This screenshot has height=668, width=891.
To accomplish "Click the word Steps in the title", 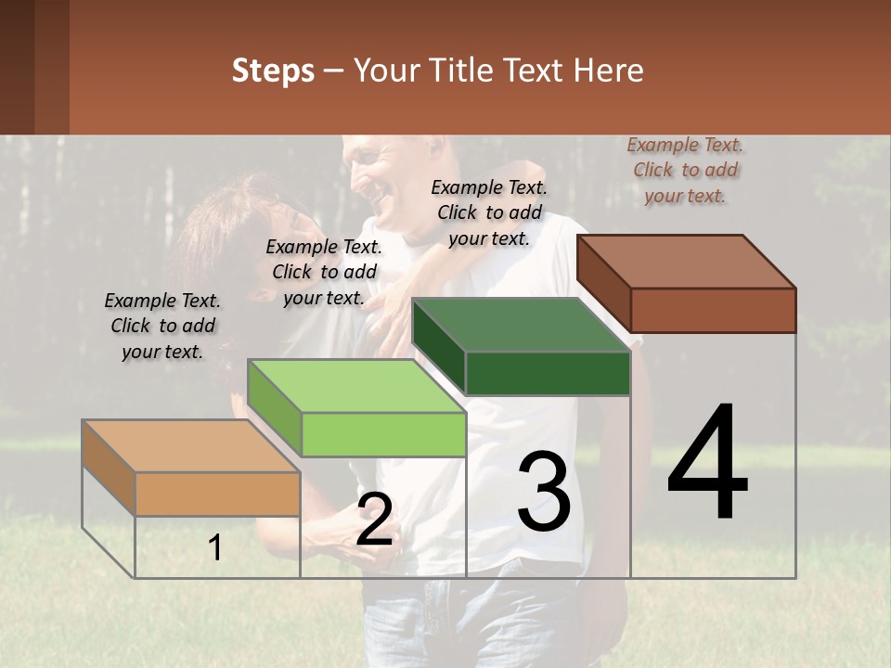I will [x=273, y=71].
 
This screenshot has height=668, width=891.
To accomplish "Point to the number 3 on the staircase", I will [x=544, y=491].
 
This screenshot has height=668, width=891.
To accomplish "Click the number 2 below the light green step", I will [x=374, y=520].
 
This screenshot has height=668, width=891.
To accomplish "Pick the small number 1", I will [x=215, y=548].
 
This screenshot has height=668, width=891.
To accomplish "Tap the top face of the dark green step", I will [x=522, y=325].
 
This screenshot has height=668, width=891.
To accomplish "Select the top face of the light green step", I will [x=356, y=385].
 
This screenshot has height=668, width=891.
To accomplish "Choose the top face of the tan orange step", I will [x=191, y=446].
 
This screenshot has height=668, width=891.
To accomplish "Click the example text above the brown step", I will [x=685, y=170].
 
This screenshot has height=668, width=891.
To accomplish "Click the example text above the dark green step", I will [x=489, y=212].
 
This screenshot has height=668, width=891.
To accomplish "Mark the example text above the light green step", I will [x=324, y=272].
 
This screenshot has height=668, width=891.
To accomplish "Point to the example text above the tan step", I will [x=162, y=326].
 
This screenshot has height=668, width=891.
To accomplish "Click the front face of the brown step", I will [x=713, y=310].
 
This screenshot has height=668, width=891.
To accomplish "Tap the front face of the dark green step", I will [x=548, y=374].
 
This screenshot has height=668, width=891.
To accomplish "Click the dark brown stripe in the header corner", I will [x=17, y=67].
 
